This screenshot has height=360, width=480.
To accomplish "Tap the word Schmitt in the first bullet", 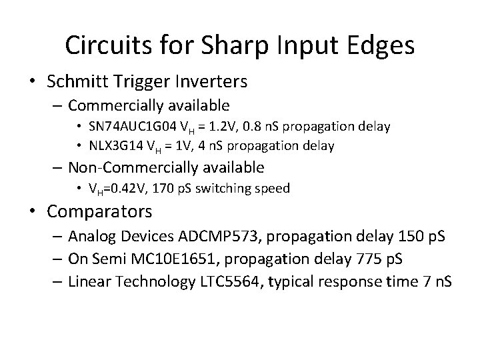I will tap(77, 82).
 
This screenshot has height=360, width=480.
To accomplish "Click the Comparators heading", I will tap(100, 212).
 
